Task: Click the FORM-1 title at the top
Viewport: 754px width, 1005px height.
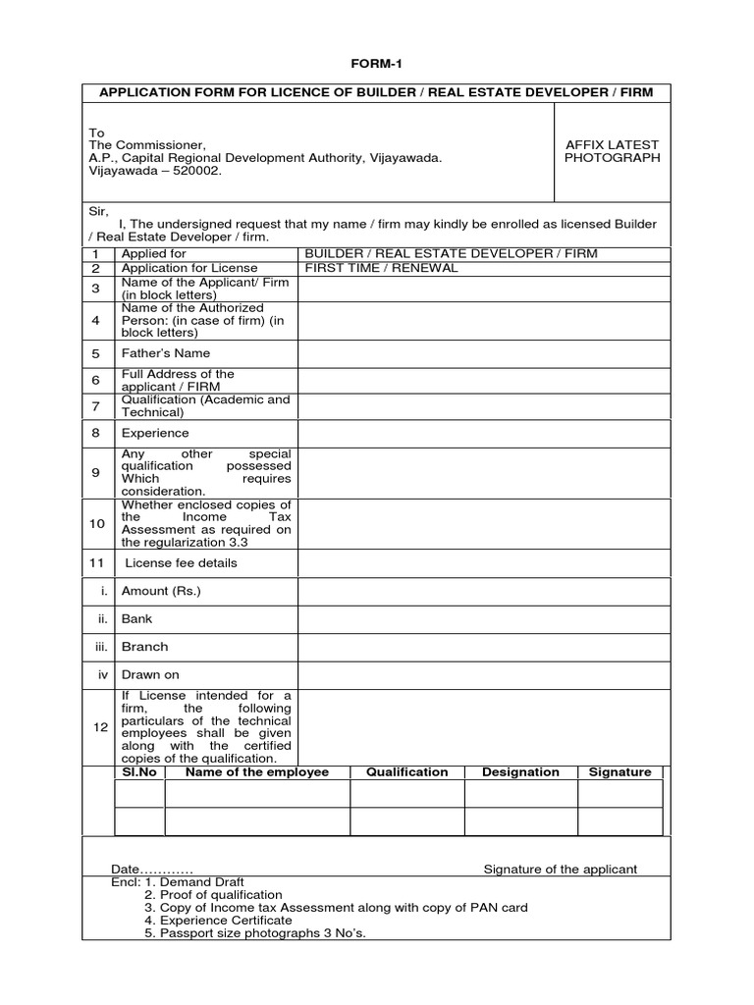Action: coord(377,64)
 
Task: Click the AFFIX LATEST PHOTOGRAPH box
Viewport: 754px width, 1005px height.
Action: coord(612,151)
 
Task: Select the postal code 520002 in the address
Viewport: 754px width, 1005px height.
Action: coord(197,171)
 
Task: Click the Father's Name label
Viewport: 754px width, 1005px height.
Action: coord(165,353)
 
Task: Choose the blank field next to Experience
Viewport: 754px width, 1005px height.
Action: coord(484,433)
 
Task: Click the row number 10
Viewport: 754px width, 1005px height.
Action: coord(97,524)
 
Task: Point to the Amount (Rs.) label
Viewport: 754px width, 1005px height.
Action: coord(161,592)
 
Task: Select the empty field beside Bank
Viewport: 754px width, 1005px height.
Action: coord(484,619)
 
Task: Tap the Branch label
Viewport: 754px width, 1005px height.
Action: coord(144,647)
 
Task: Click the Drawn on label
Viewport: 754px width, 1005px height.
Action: coord(150,675)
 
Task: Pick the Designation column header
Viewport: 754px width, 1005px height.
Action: coord(520,772)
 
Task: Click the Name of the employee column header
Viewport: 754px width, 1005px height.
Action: coord(257,772)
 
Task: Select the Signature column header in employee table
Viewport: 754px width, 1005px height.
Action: coord(619,772)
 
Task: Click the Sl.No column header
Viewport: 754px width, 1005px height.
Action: coord(139,772)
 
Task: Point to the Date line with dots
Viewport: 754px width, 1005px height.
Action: coord(152,870)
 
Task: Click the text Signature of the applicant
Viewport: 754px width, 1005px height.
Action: coord(561,870)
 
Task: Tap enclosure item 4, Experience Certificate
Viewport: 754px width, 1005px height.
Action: coord(218,921)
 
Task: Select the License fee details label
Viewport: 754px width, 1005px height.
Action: coord(181,563)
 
